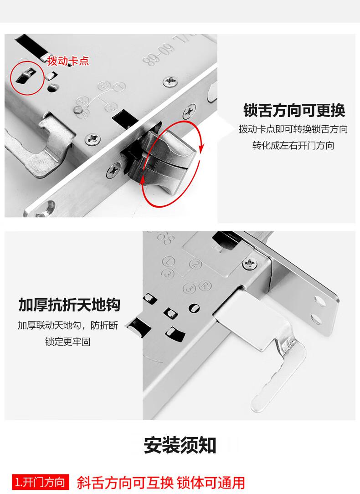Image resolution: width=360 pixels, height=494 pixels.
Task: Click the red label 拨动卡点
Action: tap(68, 61)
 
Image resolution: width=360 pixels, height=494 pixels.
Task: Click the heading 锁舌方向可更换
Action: tap(294, 110)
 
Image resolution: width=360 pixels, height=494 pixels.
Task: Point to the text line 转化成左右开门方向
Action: tap(293, 146)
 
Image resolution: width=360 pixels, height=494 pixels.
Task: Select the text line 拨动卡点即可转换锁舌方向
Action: tap(293, 129)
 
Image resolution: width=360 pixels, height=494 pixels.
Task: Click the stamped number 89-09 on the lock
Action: tap(159, 55)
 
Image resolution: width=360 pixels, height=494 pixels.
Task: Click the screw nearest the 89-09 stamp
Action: tap(170, 82)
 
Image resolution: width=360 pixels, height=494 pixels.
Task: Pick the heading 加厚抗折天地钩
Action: tap(69, 305)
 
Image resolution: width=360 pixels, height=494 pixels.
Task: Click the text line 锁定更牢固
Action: tap(68, 341)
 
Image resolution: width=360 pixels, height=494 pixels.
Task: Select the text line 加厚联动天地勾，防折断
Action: tap(68, 325)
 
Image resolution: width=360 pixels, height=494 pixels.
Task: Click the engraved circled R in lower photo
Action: tap(205, 286)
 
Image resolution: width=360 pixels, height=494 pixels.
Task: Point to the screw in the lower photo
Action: tap(250, 263)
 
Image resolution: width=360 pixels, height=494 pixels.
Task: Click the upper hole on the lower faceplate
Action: tap(320, 301)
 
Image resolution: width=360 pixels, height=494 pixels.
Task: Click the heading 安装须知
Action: tap(180, 445)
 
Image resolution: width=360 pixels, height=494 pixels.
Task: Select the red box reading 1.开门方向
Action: tap(41, 482)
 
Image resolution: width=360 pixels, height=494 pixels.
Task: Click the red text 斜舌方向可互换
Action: tap(125, 483)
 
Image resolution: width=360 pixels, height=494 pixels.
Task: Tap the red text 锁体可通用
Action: tap(211, 483)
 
